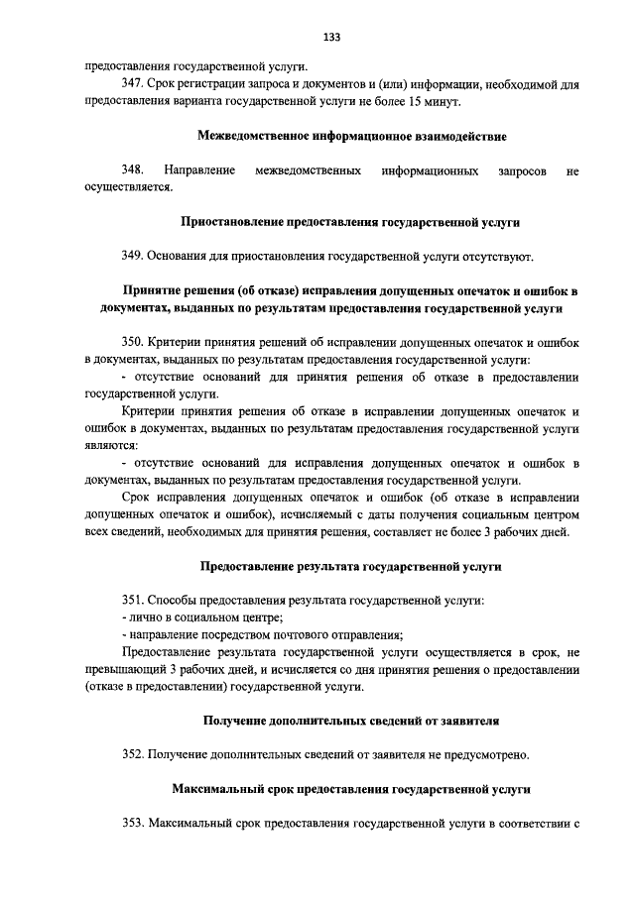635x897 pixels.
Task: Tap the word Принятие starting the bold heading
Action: pyautogui.click(x=152, y=291)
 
